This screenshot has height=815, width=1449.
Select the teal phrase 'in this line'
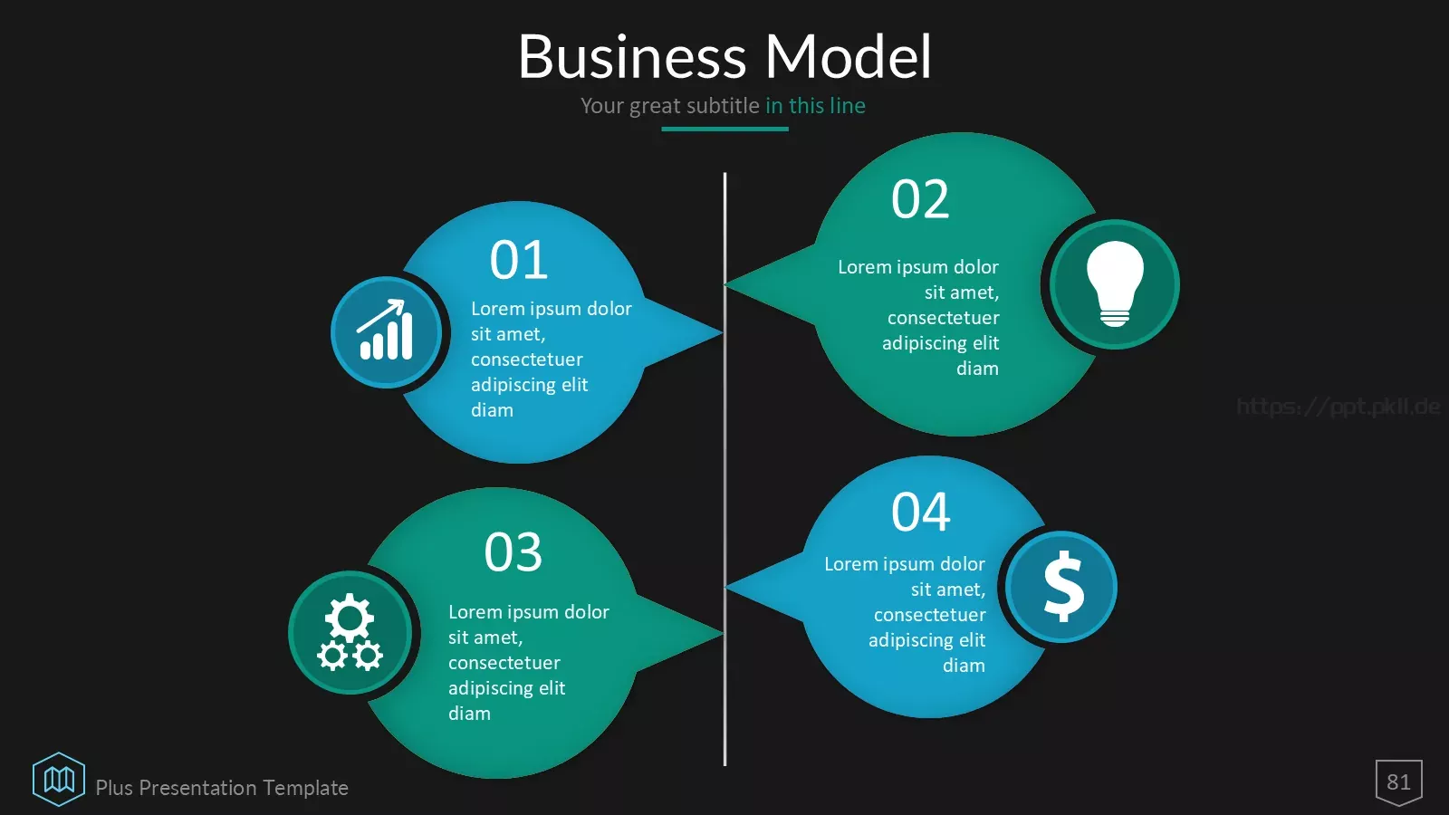pos(815,105)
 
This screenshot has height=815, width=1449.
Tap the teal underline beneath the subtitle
pos(724,129)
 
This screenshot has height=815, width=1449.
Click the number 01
pos(519,260)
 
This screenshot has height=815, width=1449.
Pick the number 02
pos(920,199)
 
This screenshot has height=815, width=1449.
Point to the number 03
pos(513,552)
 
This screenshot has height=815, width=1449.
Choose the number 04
pos(920,513)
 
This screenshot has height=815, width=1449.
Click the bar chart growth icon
pos(386,330)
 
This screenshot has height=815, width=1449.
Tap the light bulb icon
pos(1115,283)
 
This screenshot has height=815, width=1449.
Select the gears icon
pos(350,632)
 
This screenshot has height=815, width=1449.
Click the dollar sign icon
pos(1063,586)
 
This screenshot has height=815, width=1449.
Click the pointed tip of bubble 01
pos(722,332)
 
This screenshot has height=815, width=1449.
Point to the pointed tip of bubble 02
pos(725,283)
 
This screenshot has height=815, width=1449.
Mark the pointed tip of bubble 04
pos(726,587)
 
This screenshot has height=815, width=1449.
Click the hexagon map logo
pos(59,779)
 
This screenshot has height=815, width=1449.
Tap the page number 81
pos(1398,782)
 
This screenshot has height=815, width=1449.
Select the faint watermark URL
pos(1338,407)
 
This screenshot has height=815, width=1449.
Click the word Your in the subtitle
pos(602,105)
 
